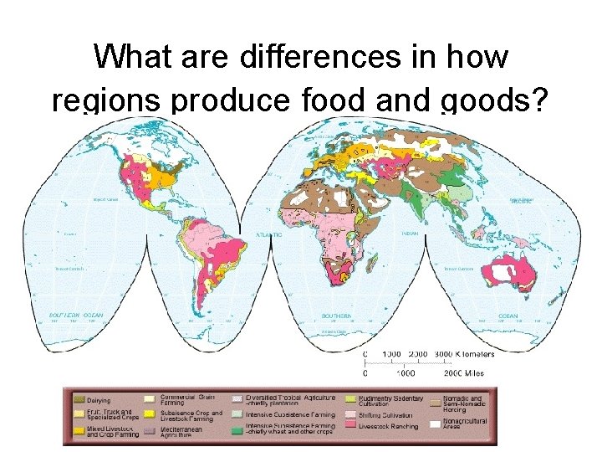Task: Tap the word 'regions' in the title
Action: click(106, 100)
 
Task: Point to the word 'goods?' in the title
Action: click(495, 100)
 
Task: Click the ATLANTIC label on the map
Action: click(268, 235)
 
